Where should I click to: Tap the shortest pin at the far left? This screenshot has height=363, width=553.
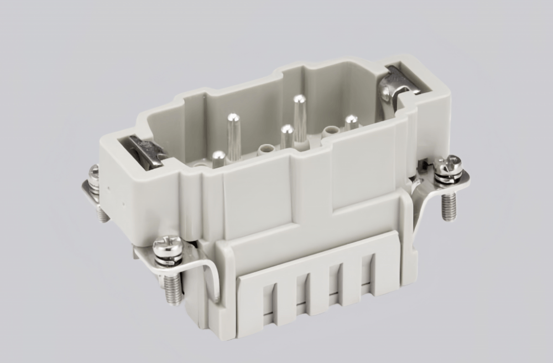[219, 159]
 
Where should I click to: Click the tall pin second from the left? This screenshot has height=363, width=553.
[233, 136]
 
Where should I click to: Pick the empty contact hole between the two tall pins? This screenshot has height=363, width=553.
[268, 148]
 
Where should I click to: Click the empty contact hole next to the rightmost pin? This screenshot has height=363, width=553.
[331, 131]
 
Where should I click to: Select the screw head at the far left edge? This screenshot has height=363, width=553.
[95, 173]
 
